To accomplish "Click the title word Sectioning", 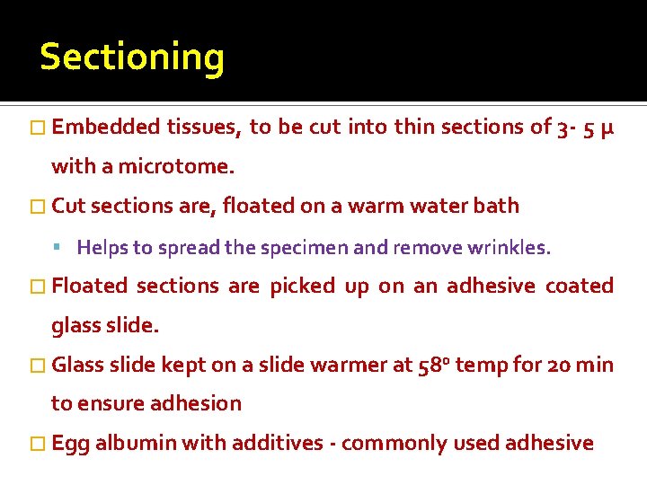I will point(132,57).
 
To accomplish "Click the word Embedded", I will point(106,128).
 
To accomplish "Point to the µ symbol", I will point(607,128).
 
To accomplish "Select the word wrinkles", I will point(510,247).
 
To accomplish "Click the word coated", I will point(580,287).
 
